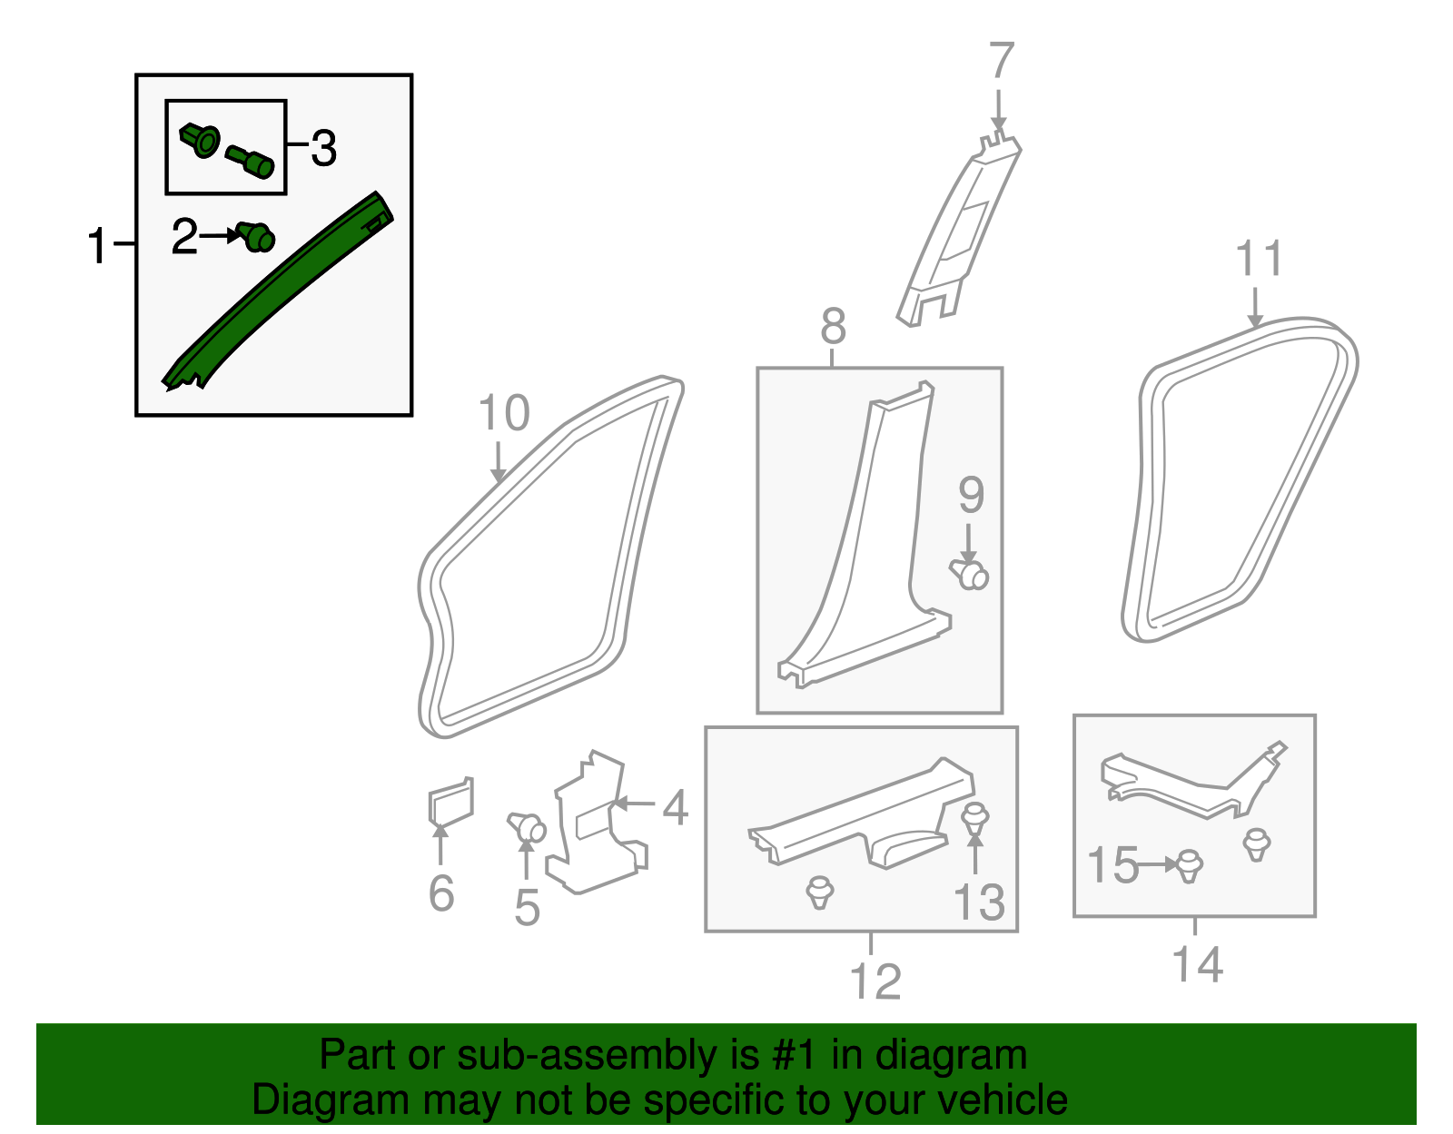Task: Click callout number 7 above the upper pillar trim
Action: tap(1000, 61)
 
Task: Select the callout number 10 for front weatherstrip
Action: tap(503, 413)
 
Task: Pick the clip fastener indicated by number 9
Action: tap(971, 574)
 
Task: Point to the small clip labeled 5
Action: tap(527, 827)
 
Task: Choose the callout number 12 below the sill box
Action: tap(875, 981)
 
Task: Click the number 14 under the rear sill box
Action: tap(1197, 963)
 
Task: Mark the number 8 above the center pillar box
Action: tap(833, 326)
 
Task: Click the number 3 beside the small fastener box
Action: tap(323, 148)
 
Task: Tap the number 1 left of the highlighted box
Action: tap(97, 246)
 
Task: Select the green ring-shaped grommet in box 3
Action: tap(202, 142)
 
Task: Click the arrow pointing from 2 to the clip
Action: tap(221, 235)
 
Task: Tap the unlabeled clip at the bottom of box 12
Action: tap(820, 891)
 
